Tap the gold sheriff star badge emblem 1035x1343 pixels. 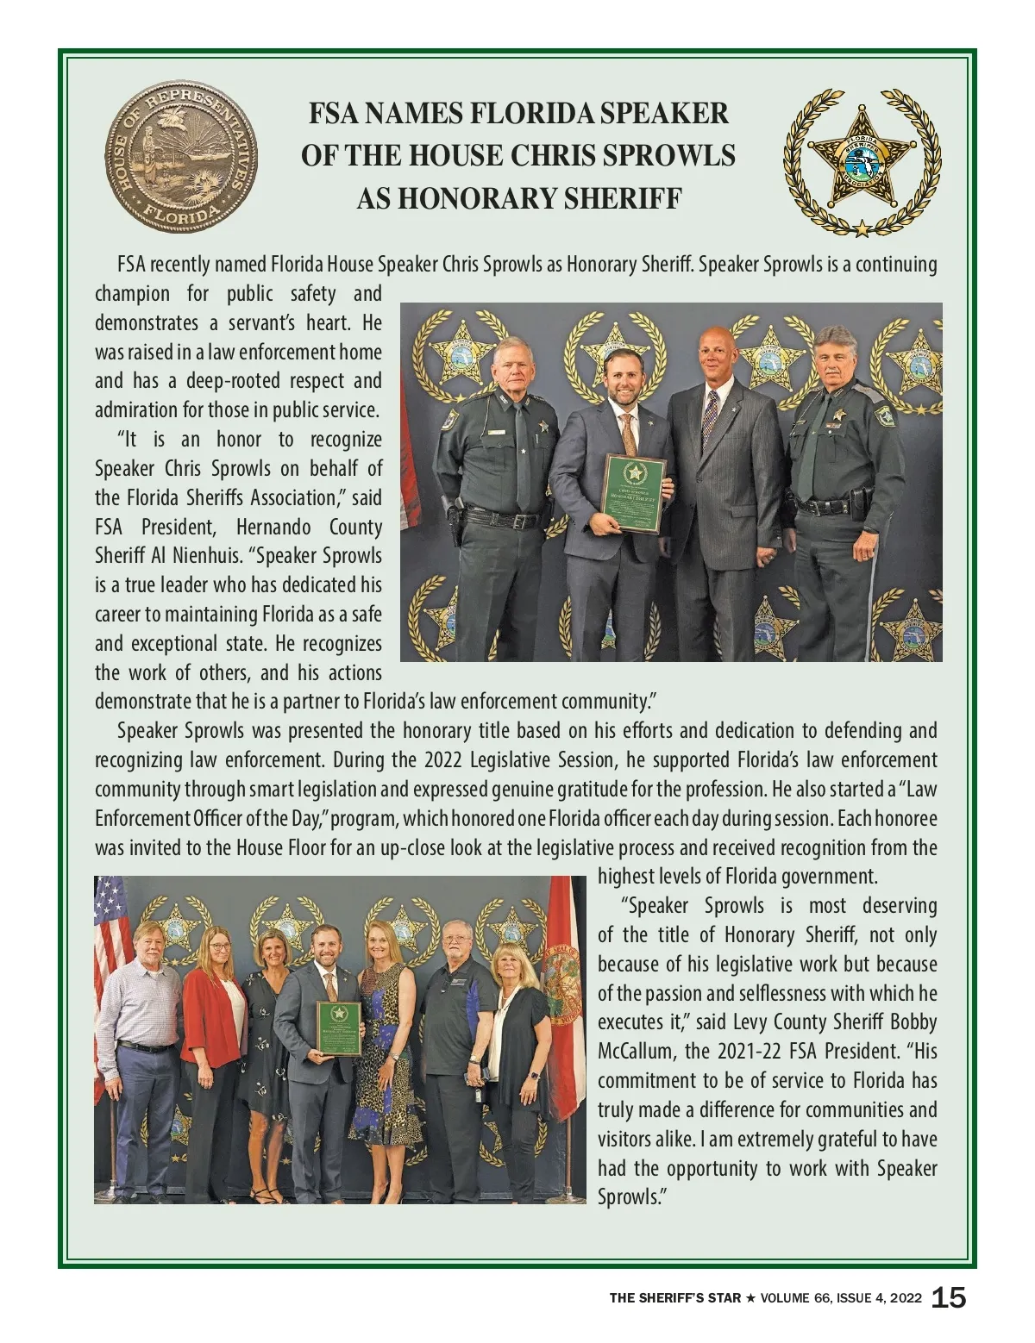862,161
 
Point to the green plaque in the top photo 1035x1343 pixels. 634,493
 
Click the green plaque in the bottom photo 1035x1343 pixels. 338,1028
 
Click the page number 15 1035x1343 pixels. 949,1298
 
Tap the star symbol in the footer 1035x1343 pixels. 750,1298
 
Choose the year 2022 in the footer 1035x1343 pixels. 905,1298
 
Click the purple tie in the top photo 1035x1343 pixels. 710,421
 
